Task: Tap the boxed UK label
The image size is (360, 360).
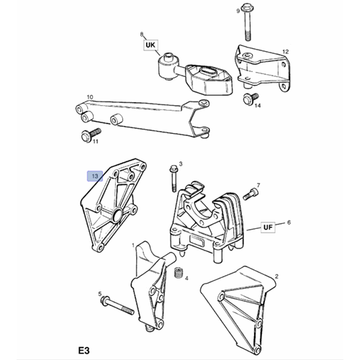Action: tap(150, 45)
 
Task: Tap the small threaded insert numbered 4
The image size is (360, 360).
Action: tap(176, 273)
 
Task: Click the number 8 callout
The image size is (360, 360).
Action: tap(142, 34)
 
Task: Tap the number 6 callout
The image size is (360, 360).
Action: tap(289, 224)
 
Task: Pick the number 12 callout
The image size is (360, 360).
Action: tap(286, 52)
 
